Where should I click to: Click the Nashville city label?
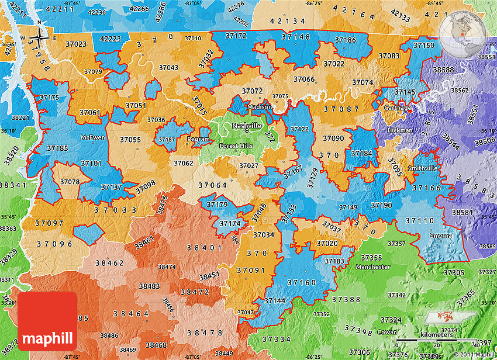click(246, 126)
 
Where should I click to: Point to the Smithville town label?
click(422, 168)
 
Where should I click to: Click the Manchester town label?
click(372, 267)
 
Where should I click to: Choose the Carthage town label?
click(398, 108)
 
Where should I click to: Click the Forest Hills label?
click(236, 146)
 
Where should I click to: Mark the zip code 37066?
click(304, 79)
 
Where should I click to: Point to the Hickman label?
click(403, 130)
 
